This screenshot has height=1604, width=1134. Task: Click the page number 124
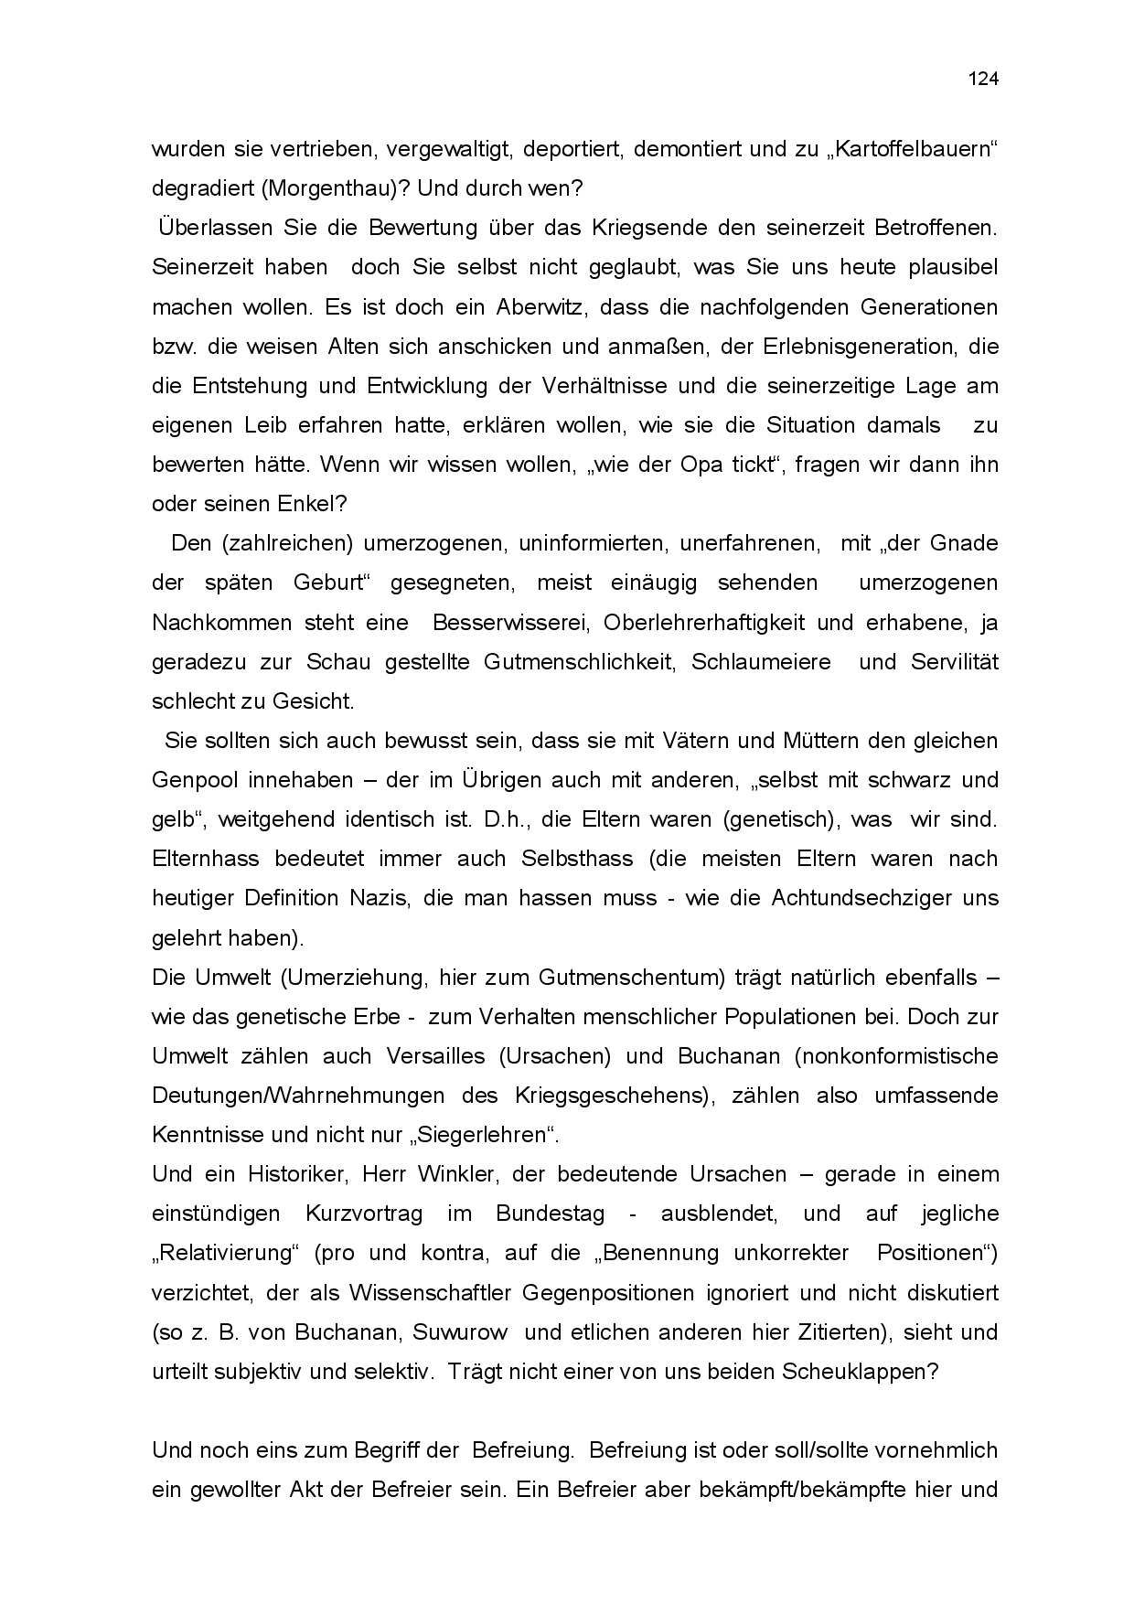[x=983, y=79]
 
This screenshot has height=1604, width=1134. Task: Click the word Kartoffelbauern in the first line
[x=924, y=149]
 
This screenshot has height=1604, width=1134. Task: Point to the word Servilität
[x=954, y=661]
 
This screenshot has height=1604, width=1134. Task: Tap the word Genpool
[x=194, y=780]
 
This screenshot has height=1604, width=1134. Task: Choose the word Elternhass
[x=206, y=859]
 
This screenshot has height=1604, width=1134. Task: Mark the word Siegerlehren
[x=487, y=1135]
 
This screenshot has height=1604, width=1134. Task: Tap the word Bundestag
[x=551, y=1214]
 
